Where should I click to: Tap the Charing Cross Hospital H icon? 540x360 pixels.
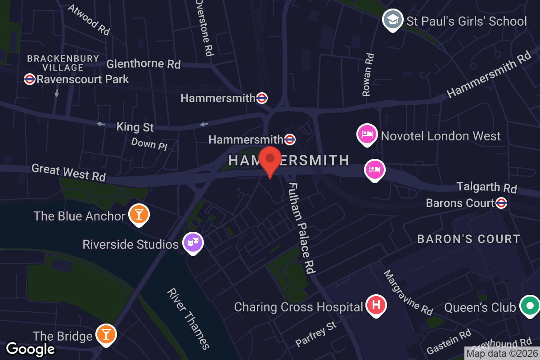377,306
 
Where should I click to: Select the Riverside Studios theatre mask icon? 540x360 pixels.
193,243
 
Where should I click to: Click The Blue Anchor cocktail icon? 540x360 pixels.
139,214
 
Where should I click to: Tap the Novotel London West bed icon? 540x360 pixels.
367,135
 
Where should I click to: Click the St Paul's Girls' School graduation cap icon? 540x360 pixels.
392,20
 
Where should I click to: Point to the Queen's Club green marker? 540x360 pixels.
530,306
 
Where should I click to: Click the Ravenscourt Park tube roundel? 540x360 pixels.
30,79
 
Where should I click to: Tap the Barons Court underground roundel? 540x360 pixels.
501,203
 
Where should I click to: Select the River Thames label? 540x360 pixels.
188,319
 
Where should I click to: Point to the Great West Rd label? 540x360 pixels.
68,173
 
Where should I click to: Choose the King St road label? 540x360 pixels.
135,127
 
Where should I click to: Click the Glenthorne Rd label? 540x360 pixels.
143,64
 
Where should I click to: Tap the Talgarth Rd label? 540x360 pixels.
486,187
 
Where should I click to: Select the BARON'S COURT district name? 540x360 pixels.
468,239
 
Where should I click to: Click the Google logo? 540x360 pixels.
30,349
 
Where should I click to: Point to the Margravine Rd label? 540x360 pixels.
408,292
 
